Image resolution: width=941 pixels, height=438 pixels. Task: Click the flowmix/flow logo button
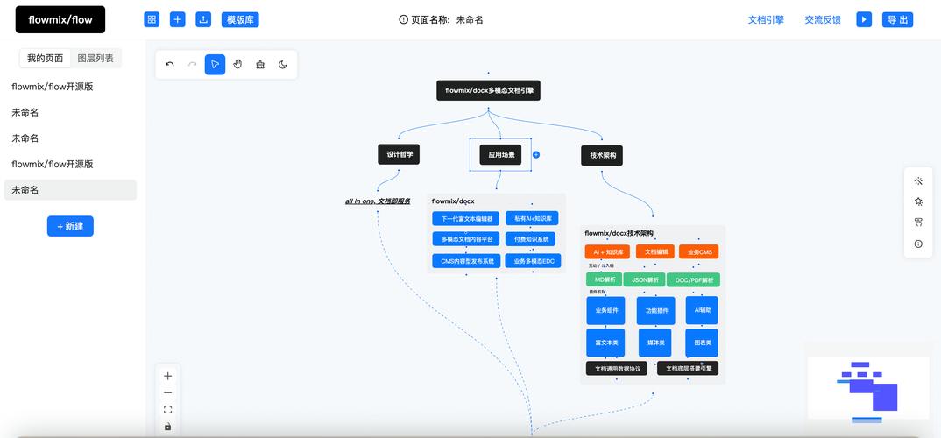point(60,19)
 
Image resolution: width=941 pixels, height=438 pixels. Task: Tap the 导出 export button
point(896,19)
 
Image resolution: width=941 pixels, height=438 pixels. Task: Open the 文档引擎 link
point(765,19)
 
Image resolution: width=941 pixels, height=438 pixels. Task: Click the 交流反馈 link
point(823,19)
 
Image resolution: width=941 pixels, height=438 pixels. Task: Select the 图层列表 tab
point(96,59)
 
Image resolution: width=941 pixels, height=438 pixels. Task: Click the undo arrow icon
point(170,64)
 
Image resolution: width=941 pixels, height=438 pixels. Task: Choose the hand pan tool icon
point(237,64)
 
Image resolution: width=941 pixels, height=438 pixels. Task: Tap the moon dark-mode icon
point(283,64)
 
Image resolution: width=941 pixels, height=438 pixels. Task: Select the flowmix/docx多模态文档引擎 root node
point(488,90)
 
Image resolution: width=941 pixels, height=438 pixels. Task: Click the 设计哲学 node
point(399,154)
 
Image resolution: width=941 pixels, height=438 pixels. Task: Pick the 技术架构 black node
point(602,155)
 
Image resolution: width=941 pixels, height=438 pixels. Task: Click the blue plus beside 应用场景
point(536,154)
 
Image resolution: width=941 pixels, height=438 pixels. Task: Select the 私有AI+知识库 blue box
point(532,218)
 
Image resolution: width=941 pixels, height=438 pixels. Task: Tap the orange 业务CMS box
point(700,251)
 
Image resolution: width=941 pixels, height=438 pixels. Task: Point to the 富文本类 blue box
point(605,343)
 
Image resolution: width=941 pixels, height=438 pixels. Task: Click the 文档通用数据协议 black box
point(617,369)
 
